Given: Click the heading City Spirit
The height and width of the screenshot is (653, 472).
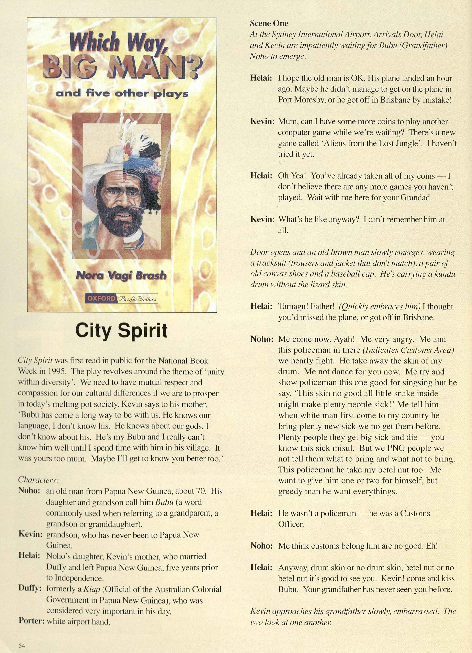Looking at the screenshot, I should [121, 331].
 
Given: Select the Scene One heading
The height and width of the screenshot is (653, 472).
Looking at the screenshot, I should [269, 23].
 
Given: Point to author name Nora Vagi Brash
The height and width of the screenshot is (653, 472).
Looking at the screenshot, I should [121, 276].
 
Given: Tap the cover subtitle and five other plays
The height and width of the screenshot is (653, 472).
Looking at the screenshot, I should [122, 94].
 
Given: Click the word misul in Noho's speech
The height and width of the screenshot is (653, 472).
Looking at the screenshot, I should [340, 448].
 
